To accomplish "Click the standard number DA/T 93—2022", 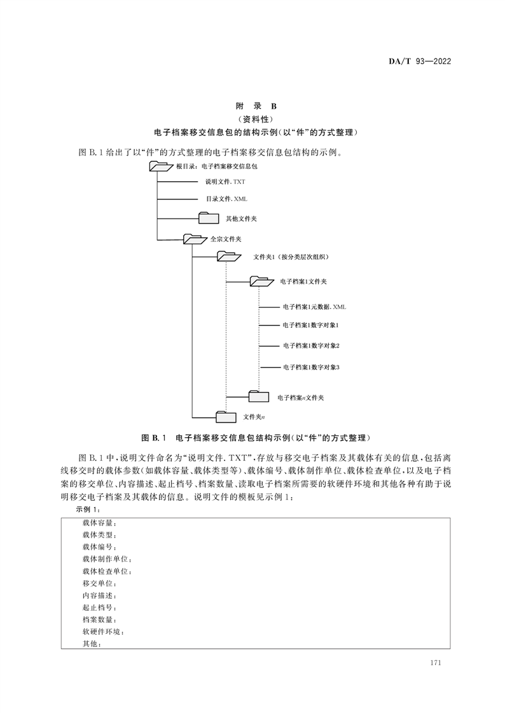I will point(419,61).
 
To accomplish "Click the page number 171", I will point(436,663).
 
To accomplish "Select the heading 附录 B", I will point(252,106).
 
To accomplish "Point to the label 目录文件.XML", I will point(226,199).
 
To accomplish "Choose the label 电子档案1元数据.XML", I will point(314,307).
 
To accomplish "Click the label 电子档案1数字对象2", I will point(311,346).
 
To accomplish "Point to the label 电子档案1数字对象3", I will point(311,367).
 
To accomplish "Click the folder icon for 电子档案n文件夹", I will point(259,397).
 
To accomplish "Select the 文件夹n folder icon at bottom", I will point(226,417).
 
